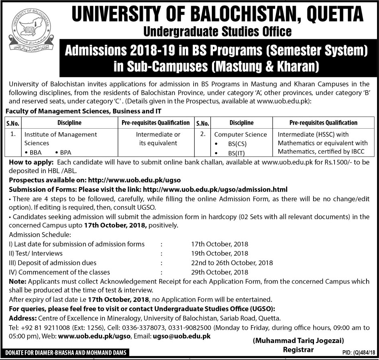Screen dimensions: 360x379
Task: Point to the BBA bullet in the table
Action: click(x=34, y=152)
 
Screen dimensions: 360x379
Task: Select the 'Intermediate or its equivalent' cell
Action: click(x=158, y=138)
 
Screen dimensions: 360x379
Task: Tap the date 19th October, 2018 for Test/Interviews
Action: click(x=219, y=253)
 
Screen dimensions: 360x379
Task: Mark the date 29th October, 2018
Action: click(x=219, y=272)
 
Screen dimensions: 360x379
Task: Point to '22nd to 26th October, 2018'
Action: click(x=232, y=263)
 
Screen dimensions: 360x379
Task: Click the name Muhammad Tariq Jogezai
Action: click(x=298, y=341)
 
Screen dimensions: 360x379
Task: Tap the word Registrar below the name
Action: click(x=298, y=349)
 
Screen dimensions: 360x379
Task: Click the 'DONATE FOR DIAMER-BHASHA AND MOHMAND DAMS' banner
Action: click(x=65, y=353)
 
